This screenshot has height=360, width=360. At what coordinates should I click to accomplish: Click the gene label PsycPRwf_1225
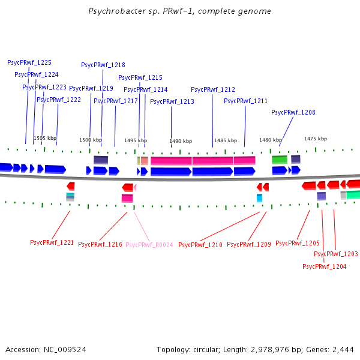29,62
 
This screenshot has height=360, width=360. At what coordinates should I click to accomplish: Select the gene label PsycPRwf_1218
103,65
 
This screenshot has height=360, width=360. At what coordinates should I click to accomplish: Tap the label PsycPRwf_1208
293,112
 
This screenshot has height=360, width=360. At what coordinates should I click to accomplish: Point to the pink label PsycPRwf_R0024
149,245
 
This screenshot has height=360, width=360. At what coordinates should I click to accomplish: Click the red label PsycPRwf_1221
52,243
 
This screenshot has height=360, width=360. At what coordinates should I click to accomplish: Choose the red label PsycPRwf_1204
324,266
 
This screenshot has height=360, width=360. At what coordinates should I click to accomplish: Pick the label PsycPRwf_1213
172,101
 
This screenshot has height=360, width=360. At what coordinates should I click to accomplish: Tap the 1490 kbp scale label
181,141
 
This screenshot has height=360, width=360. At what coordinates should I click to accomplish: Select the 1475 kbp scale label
316,139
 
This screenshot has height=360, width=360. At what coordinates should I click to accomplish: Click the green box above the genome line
280,160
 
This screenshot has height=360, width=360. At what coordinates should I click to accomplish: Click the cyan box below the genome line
259,197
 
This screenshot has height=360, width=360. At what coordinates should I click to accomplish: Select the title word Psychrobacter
113,11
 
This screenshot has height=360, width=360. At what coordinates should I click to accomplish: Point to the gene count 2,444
343,349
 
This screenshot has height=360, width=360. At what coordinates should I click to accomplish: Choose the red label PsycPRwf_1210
200,245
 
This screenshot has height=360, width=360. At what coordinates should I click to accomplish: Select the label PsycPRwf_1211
245,101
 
